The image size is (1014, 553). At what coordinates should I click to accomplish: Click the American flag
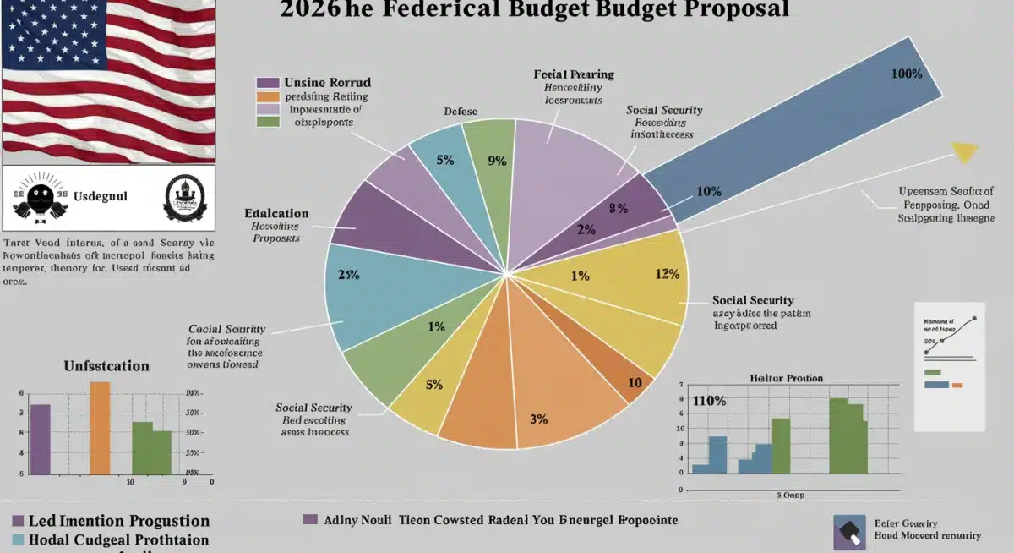point(108,81)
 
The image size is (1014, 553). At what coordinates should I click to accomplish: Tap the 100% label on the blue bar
point(906,74)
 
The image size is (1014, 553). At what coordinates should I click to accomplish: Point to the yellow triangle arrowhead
point(964,152)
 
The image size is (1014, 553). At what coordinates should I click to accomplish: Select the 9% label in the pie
point(497,160)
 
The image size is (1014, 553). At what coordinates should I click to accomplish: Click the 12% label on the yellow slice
point(668,274)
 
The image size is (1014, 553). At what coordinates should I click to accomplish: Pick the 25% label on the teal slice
point(349,275)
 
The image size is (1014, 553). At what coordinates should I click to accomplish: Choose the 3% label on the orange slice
point(539,419)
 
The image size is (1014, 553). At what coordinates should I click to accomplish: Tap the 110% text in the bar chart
point(709,401)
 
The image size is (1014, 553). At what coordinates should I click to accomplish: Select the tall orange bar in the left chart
point(100,428)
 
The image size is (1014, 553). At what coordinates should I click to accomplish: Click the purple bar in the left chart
point(40,439)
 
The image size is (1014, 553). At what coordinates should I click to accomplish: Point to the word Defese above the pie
point(461,112)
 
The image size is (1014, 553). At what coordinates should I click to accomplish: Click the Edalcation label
point(276,213)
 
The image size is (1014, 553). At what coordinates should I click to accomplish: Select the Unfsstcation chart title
point(106,366)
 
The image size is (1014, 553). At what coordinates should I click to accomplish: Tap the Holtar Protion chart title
point(786,378)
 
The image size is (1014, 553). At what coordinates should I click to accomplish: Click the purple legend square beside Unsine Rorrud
point(267,83)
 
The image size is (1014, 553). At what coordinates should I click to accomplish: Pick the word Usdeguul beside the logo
point(99,196)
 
